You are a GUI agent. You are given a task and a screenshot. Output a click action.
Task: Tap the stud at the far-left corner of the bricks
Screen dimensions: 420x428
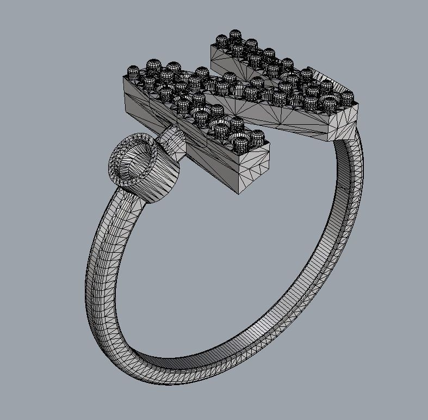(133, 72)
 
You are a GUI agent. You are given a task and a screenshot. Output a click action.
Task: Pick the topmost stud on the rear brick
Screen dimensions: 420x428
(235, 36)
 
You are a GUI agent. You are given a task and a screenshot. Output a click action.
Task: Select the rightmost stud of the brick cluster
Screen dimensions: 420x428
(347, 98)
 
